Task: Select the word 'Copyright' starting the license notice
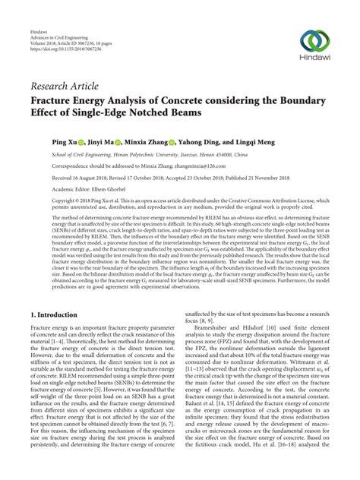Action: [44, 200]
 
